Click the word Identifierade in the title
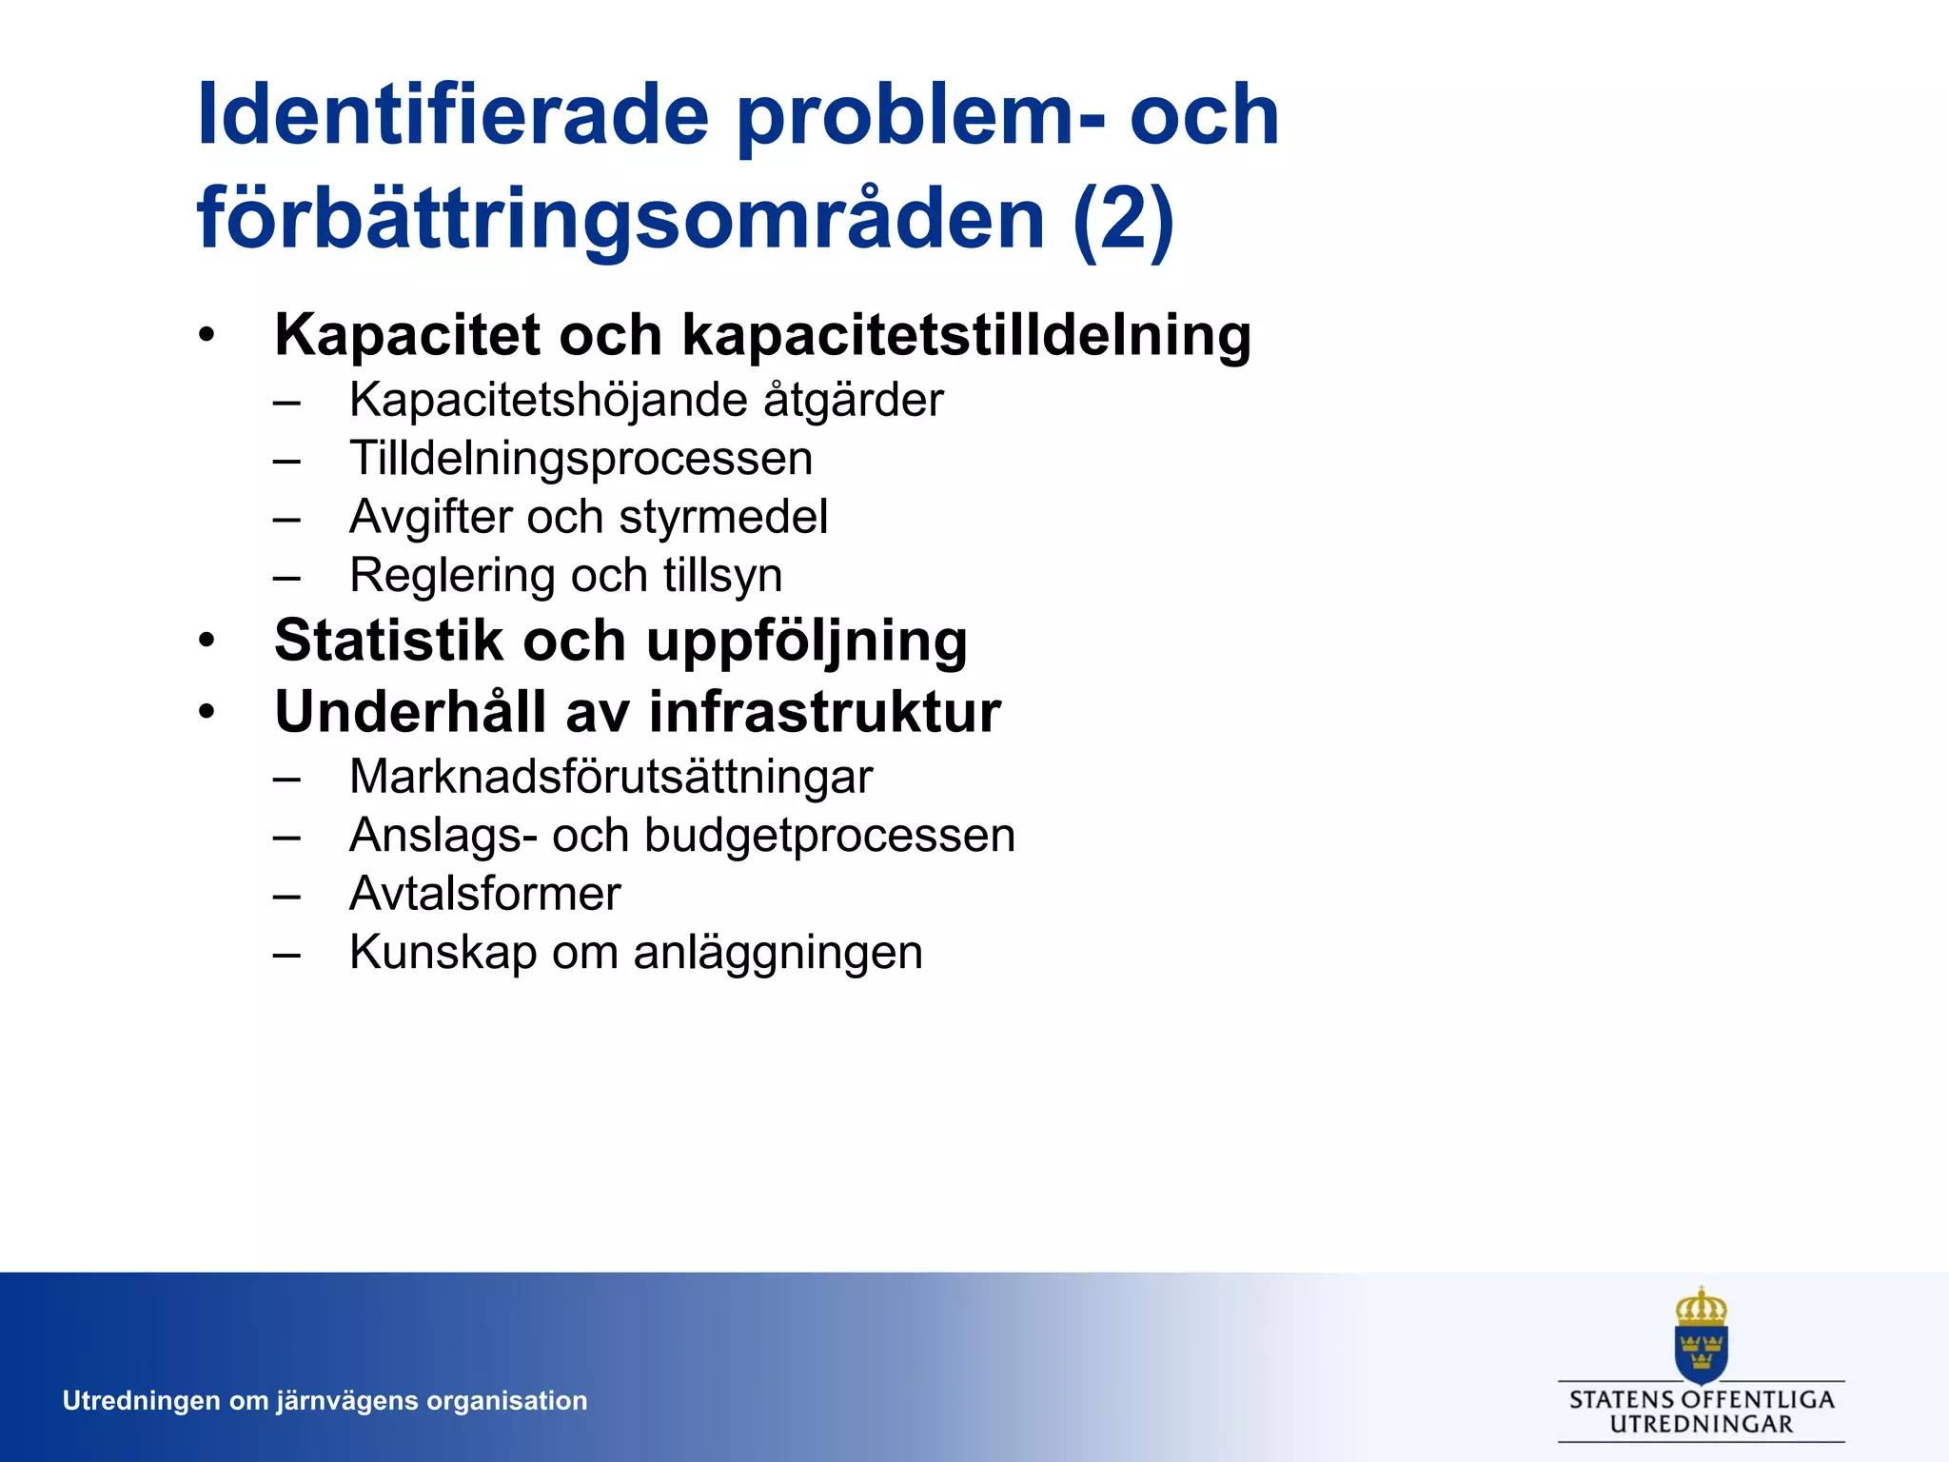(453, 115)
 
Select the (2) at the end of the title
(1123, 219)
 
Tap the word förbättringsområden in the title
(620, 219)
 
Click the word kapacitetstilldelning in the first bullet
(967, 335)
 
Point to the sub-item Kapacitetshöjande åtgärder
(646, 400)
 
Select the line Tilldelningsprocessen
(581, 459)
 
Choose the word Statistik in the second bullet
(388, 640)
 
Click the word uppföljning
(807, 642)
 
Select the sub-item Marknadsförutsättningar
(611, 777)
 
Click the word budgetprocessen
(830, 836)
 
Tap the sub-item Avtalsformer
(484, 894)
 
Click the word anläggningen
(778, 953)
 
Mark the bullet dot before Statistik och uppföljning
(207, 641)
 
